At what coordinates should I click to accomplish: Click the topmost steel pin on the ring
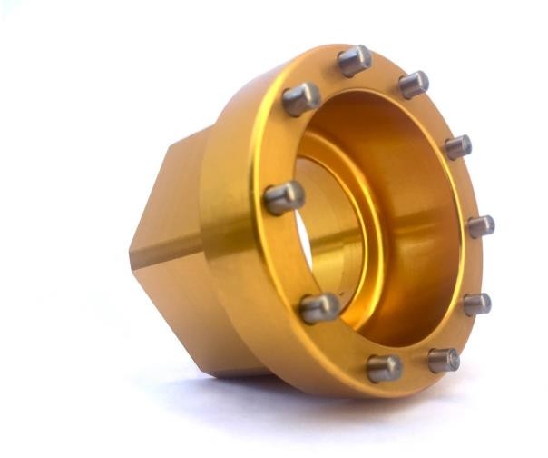point(354,60)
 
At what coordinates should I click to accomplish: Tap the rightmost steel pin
point(480,225)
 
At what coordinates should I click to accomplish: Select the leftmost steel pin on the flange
point(283,196)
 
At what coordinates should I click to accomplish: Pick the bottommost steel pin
point(384,368)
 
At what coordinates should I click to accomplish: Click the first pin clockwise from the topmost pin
point(413,84)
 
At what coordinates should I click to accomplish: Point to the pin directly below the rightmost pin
point(476,304)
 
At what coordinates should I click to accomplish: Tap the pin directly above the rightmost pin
point(457,146)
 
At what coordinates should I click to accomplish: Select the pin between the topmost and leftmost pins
point(301,99)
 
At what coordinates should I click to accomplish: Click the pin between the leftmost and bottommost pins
point(319,308)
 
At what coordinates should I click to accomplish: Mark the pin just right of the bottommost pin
point(443,360)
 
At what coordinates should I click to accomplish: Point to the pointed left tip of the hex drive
point(132,252)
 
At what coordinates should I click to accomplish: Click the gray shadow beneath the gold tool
point(272,400)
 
